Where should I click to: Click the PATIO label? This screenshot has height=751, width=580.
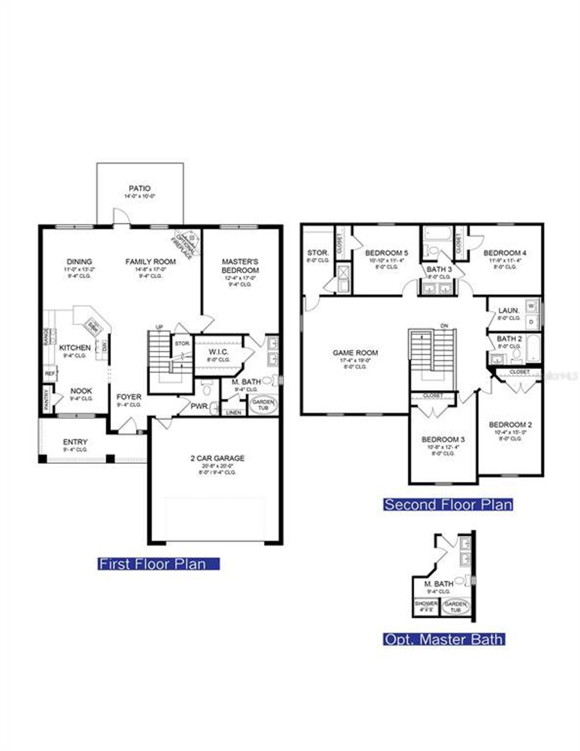point(140,188)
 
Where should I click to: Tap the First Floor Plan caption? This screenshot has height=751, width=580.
point(158,564)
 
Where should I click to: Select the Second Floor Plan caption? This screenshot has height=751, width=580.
point(448,505)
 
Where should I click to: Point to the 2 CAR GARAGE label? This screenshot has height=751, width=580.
point(217,458)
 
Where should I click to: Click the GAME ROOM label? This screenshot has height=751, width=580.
point(355,353)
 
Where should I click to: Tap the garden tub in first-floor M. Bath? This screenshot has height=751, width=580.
point(263,404)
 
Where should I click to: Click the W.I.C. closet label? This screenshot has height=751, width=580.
point(218,352)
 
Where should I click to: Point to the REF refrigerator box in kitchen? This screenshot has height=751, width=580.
point(49,374)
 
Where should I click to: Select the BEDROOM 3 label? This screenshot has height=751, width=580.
point(443,439)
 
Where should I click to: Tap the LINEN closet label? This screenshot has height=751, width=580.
point(233,413)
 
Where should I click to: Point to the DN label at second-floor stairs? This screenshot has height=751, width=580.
point(444,326)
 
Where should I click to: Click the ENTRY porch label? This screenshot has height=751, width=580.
point(75,442)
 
